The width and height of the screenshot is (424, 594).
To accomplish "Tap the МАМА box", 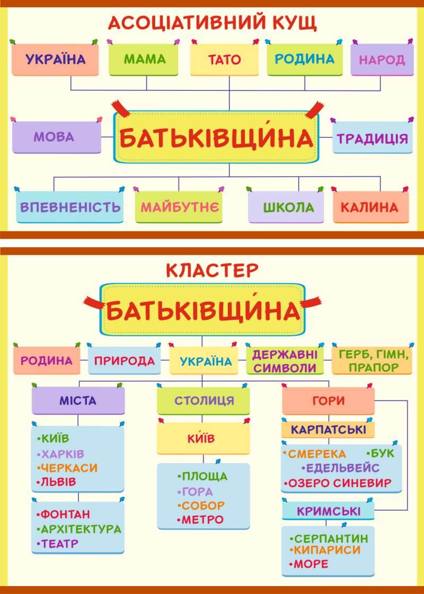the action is [x=145, y=59].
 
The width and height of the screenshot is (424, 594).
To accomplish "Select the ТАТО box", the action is [x=224, y=59].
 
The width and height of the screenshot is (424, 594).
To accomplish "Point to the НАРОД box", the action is [x=382, y=59].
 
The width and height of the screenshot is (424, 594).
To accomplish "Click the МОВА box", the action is [x=55, y=137].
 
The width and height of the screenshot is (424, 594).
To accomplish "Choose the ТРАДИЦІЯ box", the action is [x=373, y=138].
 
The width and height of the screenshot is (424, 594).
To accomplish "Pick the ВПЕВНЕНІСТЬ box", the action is [x=70, y=206].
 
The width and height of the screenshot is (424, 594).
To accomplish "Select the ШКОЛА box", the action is [x=288, y=207].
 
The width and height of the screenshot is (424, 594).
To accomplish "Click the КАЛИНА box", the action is [x=369, y=207].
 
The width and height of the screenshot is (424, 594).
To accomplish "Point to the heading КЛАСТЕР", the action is [x=212, y=270].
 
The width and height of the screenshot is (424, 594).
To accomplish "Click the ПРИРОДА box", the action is [x=125, y=361].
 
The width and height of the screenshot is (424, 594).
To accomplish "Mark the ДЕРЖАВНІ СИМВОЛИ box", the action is [x=285, y=361].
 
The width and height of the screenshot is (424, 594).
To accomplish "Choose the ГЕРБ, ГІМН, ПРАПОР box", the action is [x=372, y=361].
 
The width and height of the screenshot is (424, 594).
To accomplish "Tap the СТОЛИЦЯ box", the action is [x=204, y=400].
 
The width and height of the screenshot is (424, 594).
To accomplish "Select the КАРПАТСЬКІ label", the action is [x=329, y=429].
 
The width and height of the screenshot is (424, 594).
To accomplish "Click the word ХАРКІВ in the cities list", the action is [x=63, y=454].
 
